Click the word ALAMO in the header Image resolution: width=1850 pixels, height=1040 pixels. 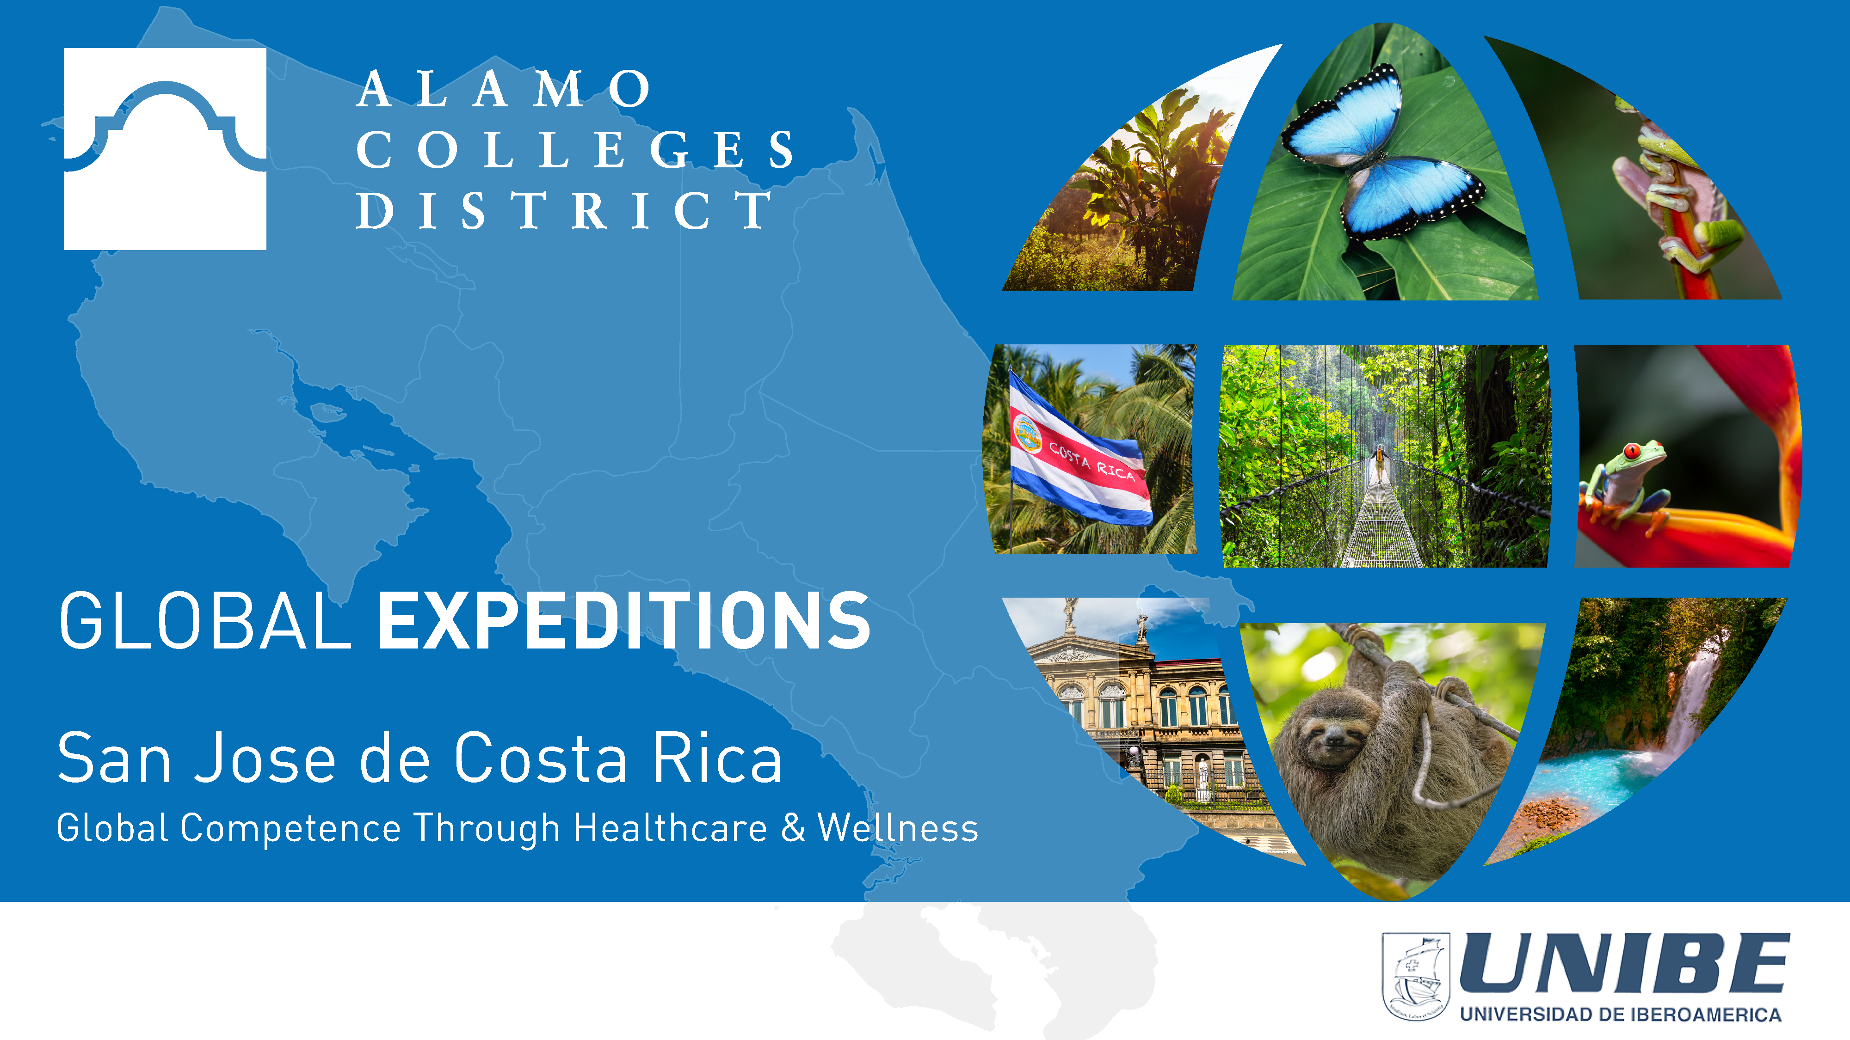click(505, 90)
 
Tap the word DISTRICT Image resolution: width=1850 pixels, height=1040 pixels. click(564, 210)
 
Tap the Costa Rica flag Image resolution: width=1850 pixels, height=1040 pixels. click(1077, 452)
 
